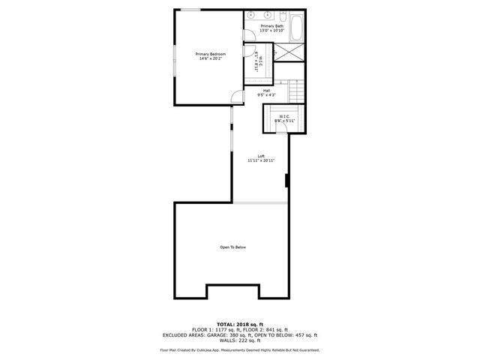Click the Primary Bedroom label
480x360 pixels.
[210, 54]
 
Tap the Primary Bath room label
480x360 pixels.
[272, 26]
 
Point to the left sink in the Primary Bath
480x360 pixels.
[250, 15]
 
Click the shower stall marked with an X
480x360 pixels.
[286, 53]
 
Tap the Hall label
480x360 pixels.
[266, 91]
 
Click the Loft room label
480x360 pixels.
[261, 156]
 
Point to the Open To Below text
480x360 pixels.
[232, 247]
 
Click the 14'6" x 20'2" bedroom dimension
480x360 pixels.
[210, 59]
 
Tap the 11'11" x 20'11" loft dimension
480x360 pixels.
[261, 161]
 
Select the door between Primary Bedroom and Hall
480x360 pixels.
[236, 96]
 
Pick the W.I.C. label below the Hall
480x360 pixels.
[285, 116]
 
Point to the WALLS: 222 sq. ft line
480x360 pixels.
[239, 341]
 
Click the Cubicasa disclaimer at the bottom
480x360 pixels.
[239, 349]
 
